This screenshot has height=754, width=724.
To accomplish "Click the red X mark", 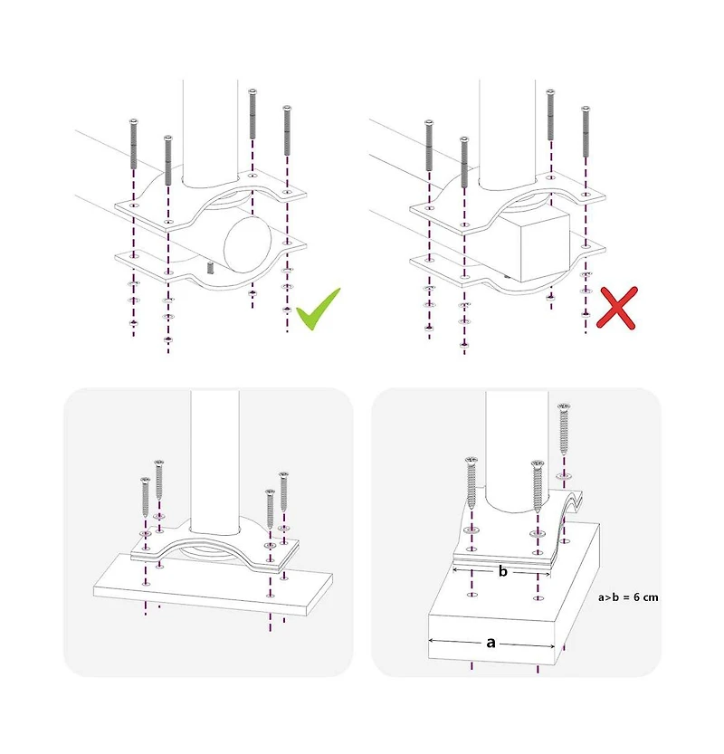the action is click(617, 308).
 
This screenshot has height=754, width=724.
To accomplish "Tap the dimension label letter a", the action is click(491, 643).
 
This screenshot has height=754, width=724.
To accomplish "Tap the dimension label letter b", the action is click(503, 571).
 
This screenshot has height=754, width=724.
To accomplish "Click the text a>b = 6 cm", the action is click(628, 597).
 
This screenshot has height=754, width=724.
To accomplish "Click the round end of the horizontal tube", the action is click(248, 243).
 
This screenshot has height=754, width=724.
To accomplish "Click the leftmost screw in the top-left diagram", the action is click(134, 143).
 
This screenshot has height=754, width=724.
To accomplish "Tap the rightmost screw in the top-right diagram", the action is click(585, 131).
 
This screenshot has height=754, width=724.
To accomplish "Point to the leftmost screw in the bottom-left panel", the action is click(145, 497).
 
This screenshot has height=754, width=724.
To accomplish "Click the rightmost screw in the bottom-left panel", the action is click(284, 491).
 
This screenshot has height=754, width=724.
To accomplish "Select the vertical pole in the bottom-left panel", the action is click(214, 463).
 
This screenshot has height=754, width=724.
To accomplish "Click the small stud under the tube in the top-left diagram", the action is click(210, 267).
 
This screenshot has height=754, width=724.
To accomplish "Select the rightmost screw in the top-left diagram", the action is click(287, 130).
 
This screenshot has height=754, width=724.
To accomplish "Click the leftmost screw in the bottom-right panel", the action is click(472, 482).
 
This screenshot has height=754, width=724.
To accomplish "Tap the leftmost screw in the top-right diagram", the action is click(429, 145).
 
